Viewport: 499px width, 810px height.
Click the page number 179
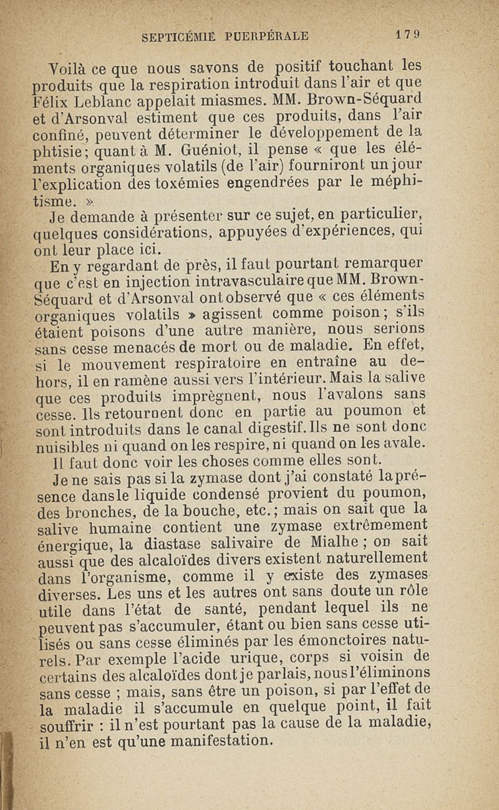[400, 36]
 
